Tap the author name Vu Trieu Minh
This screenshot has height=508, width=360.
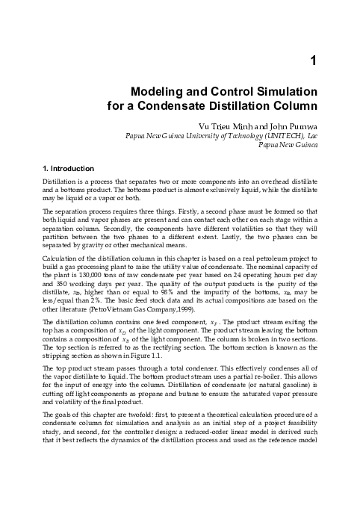tap(223, 125)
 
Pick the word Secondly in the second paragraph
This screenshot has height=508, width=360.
tap(112, 229)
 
